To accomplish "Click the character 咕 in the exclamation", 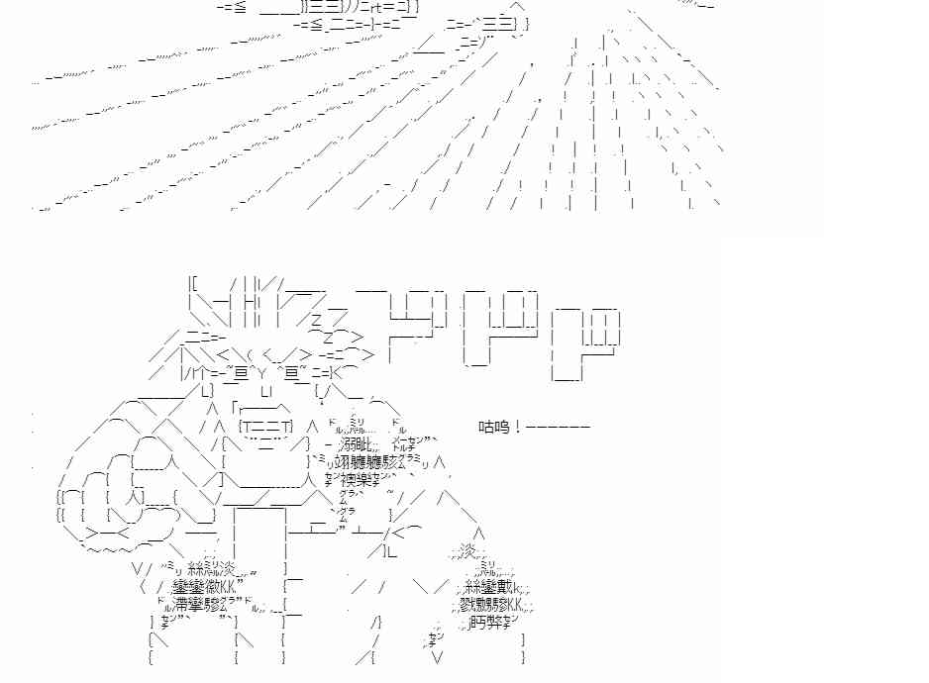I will click(486, 428).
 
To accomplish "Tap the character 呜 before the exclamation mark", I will click(502, 428).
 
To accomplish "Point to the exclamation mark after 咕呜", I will click(517, 428).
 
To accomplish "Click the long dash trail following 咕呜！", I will click(558, 428).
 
